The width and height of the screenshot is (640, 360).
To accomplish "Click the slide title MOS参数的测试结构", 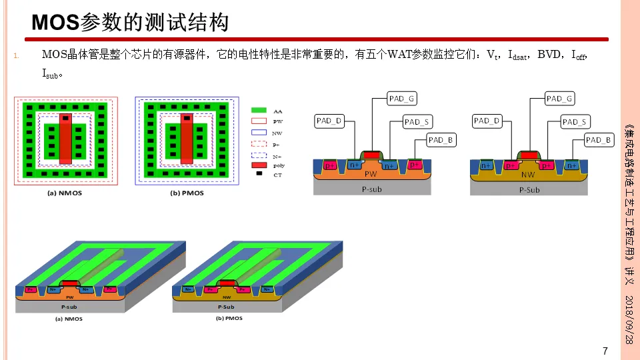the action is [x=131, y=23].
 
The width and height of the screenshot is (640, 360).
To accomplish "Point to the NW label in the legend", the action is [x=277, y=132].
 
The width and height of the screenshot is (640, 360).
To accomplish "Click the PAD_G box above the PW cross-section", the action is [x=402, y=99].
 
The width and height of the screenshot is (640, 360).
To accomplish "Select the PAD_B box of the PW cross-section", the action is [x=441, y=139].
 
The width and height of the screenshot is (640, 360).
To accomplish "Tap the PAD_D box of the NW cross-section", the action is [x=487, y=121].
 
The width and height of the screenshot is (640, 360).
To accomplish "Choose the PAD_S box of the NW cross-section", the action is [x=574, y=121].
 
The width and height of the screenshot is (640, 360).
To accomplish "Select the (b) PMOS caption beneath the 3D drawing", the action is [x=229, y=319].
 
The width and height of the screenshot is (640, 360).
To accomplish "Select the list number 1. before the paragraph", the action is [x=17, y=55].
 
